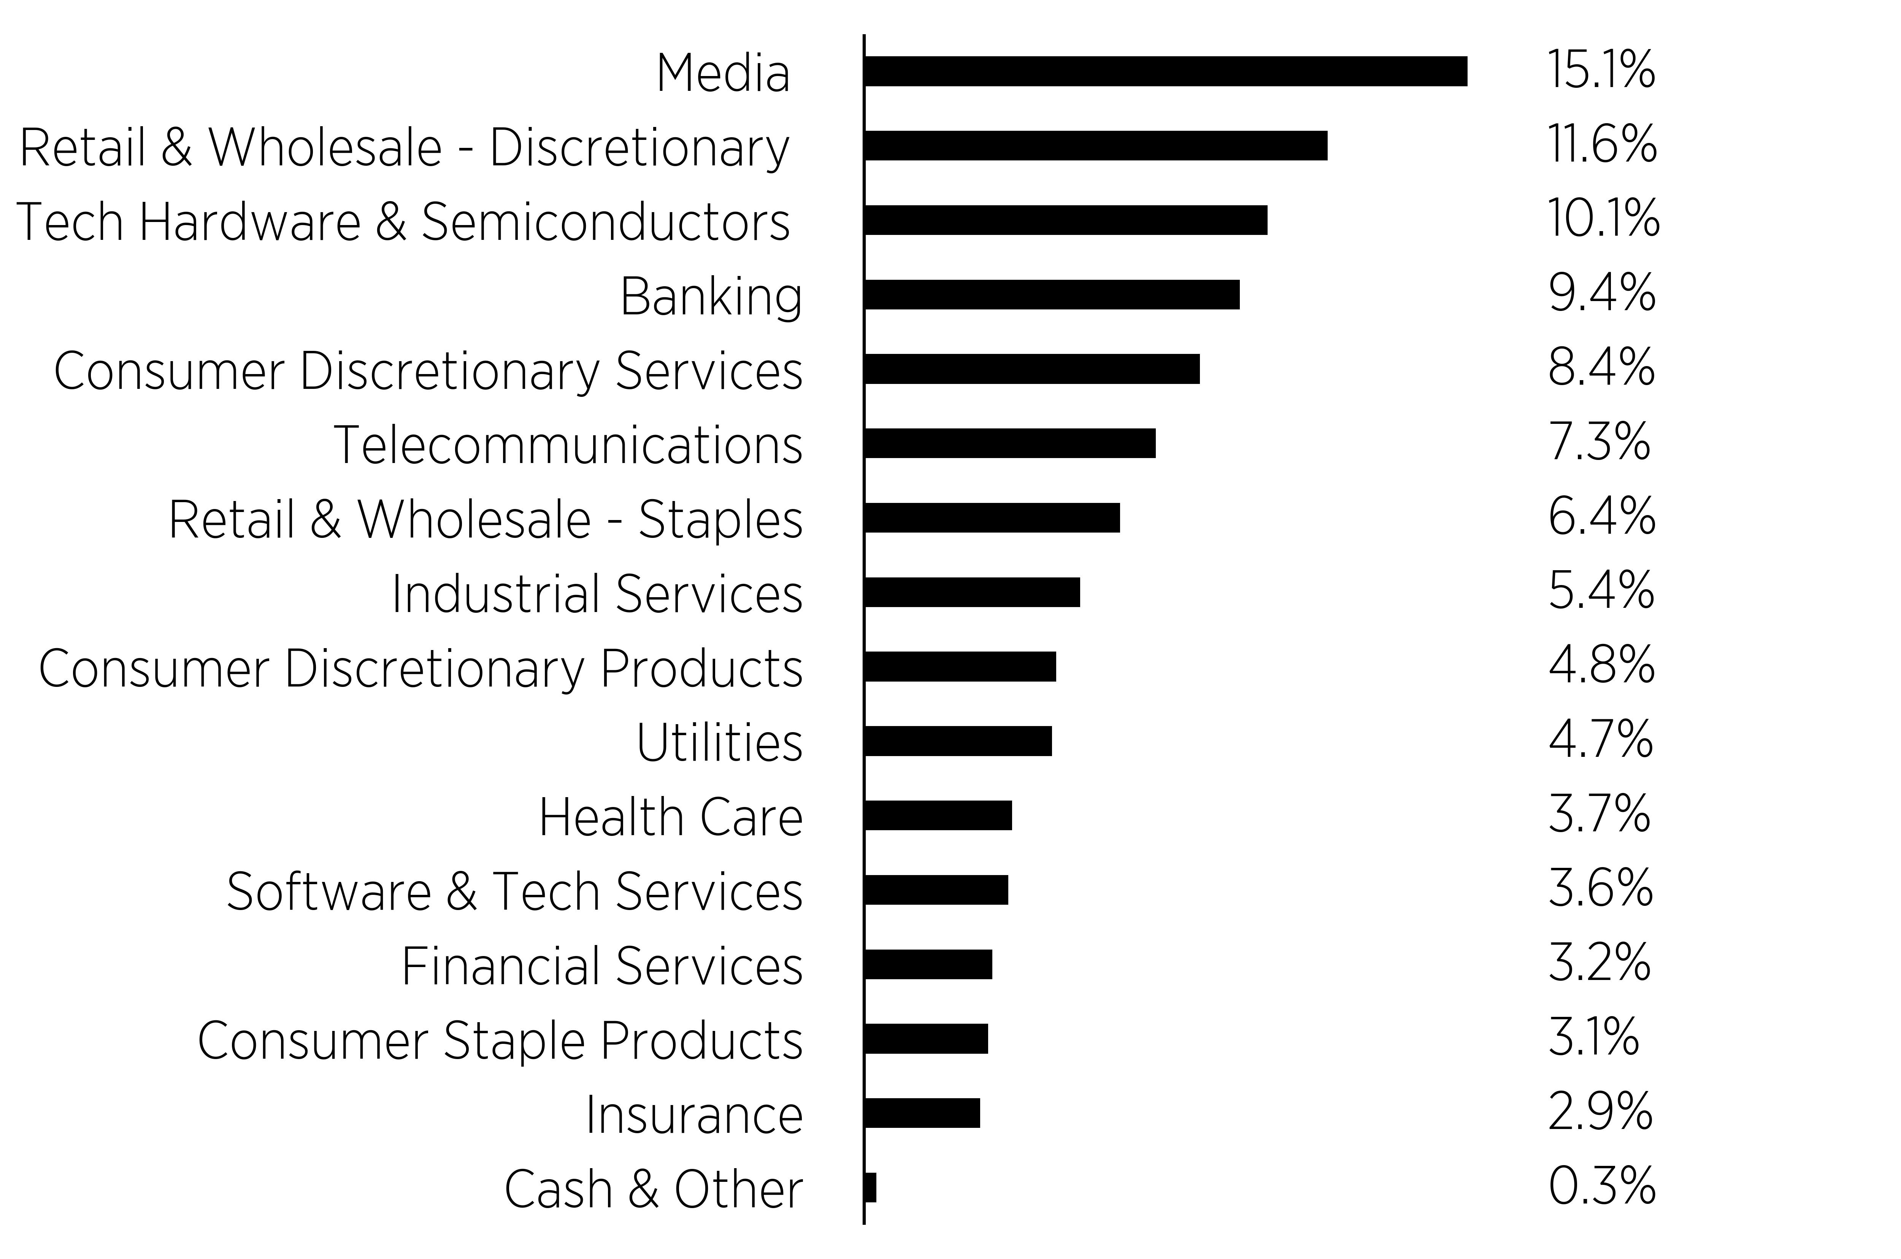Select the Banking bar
(1052, 295)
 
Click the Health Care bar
(938, 815)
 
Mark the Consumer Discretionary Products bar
(960, 666)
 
